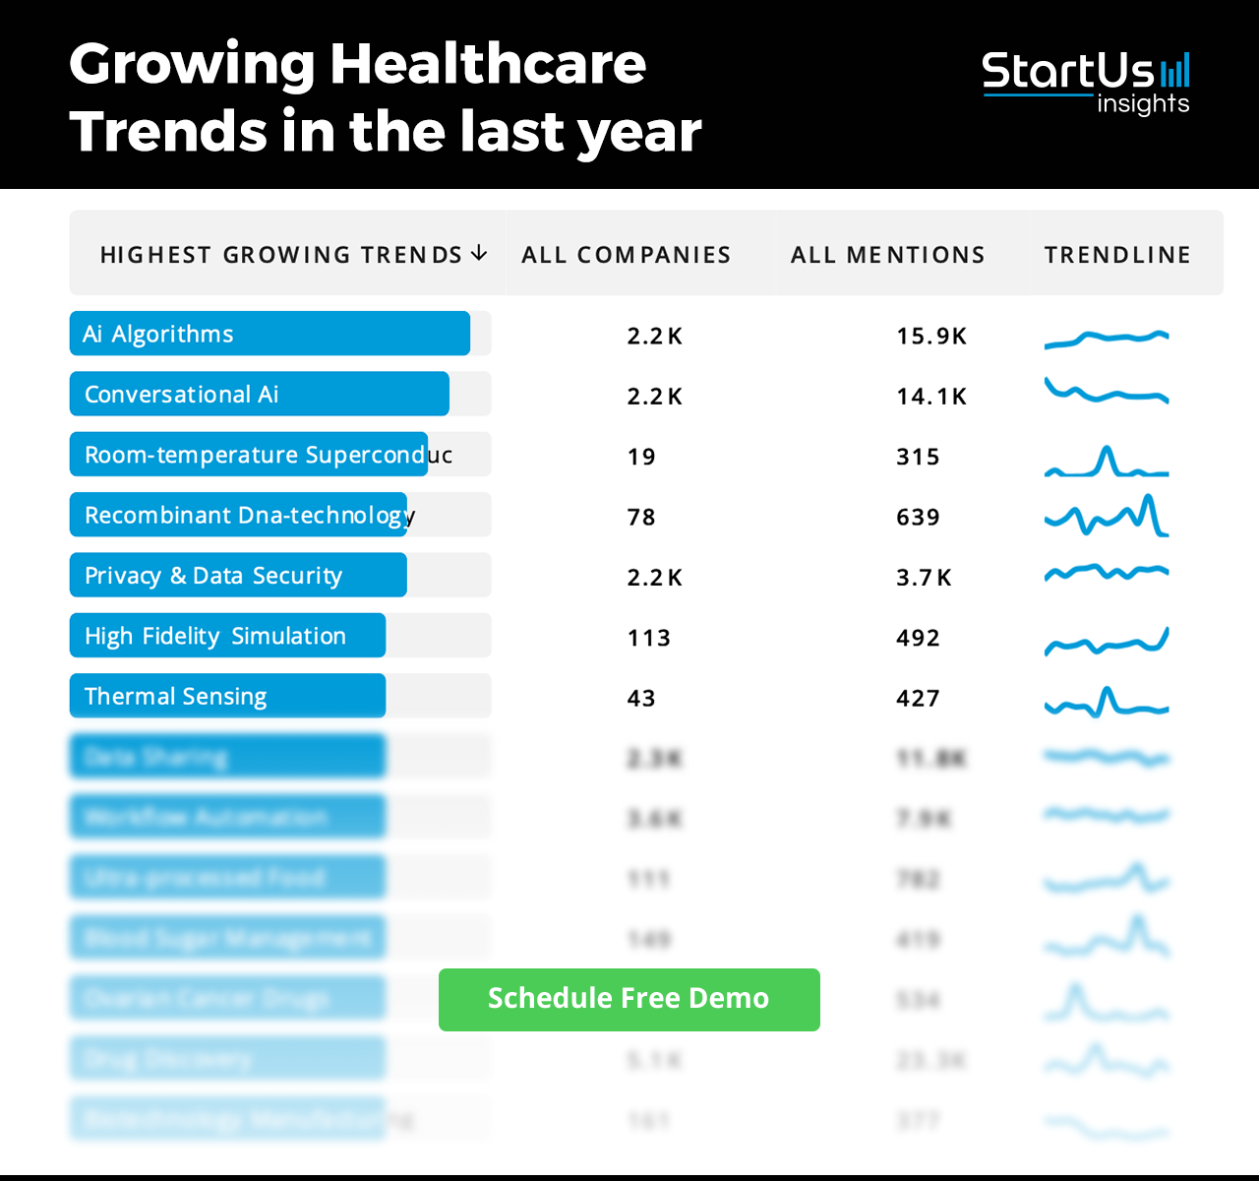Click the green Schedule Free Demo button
629,999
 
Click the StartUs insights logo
1085,84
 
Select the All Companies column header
626,255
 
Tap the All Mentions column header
887,255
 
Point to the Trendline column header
1117,255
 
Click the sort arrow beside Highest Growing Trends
479,254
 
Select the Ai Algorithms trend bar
270,334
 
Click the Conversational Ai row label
182,395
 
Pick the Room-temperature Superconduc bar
249,455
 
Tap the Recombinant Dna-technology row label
246,516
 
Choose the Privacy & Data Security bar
238,576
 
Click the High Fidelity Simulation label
215,637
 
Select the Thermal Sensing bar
227,697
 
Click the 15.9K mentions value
930,337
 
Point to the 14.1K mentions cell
930,397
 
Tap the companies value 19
641,458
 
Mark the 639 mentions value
918,518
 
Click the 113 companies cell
648,639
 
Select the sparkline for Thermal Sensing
1107,702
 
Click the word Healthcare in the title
488,64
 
